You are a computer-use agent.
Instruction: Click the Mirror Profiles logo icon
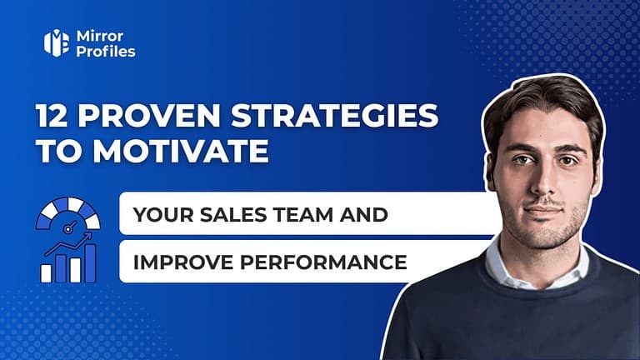(57, 43)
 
